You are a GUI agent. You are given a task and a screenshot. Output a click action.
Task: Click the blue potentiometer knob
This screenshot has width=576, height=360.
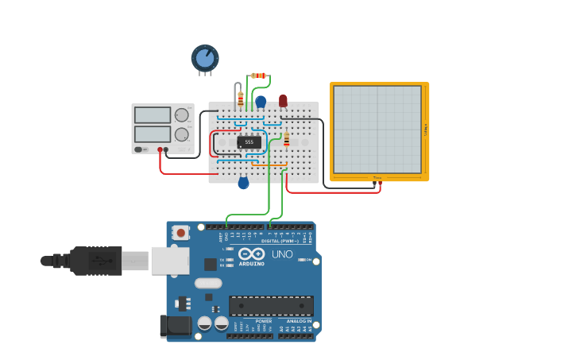205,58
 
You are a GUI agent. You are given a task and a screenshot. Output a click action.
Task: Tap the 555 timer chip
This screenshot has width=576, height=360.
249,142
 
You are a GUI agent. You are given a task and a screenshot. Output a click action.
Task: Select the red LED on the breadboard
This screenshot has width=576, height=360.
283,100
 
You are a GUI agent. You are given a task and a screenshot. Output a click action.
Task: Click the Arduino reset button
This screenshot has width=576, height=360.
181,233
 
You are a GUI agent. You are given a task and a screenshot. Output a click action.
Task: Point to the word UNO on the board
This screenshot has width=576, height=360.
283,255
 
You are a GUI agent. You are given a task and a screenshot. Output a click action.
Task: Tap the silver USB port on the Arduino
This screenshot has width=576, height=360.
169,260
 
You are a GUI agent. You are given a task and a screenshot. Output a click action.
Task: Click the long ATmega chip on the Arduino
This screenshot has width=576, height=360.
271,305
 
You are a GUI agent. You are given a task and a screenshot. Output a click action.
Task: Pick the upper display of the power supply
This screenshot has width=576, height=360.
153,115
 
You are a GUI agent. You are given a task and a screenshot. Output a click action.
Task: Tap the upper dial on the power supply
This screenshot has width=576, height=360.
182,115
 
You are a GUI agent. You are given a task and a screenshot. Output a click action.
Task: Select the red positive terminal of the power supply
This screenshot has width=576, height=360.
160,149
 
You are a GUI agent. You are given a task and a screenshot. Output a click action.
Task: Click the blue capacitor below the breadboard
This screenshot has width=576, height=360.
243,183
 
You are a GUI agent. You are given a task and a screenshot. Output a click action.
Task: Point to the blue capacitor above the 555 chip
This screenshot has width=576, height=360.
261,101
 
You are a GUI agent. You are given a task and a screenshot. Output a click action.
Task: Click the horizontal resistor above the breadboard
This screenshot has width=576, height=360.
258,75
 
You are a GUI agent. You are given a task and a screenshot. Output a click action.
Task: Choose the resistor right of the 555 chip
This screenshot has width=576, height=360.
286,140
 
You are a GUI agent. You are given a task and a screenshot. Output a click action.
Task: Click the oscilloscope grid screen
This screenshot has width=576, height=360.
377,129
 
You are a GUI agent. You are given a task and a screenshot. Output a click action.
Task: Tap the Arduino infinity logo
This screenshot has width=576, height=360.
251,254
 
